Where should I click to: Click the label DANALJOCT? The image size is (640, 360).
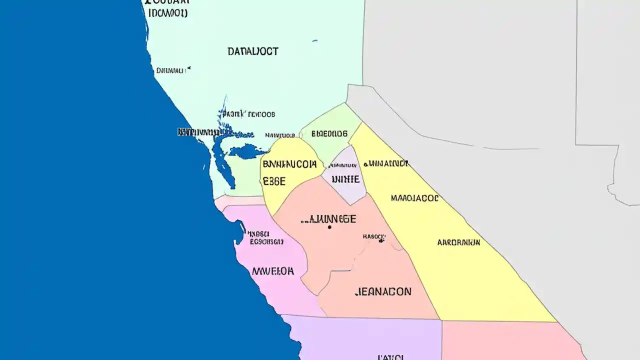click(x=253, y=51)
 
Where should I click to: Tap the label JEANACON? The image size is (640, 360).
click(x=383, y=291)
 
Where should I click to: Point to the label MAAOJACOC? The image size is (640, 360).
click(x=414, y=198)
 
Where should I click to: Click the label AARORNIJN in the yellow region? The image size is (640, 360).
click(x=458, y=242)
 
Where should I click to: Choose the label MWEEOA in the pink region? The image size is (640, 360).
click(x=273, y=271)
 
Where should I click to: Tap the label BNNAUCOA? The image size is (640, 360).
click(x=289, y=164)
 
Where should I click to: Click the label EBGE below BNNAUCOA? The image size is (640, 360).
click(x=274, y=181)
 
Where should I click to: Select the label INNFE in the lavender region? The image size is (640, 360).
click(x=344, y=179)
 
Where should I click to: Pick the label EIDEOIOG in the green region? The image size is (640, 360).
click(x=329, y=134)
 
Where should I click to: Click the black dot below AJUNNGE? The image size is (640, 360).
click(x=329, y=227)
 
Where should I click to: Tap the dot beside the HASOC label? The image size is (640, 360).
click(x=381, y=240)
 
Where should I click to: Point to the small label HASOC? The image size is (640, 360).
click(x=374, y=236)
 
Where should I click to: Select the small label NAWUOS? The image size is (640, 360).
click(x=280, y=135)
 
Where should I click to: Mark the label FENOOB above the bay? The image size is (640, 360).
click(x=261, y=114)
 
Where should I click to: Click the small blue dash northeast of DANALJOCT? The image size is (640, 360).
click(x=314, y=40)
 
